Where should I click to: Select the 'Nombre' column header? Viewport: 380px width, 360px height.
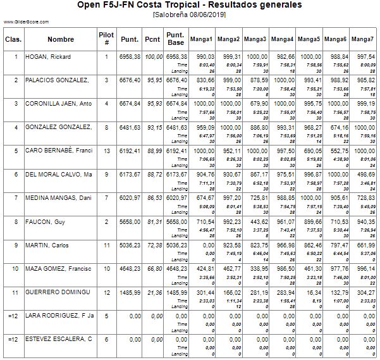(61, 40)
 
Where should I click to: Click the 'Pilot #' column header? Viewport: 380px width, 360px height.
(107, 40)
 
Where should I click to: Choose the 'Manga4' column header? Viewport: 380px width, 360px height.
(282, 40)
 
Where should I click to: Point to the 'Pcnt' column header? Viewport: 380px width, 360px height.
(152, 40)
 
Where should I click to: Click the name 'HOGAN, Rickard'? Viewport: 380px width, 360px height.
(48, 57)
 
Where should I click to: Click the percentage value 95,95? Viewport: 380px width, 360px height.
(154, 80)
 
